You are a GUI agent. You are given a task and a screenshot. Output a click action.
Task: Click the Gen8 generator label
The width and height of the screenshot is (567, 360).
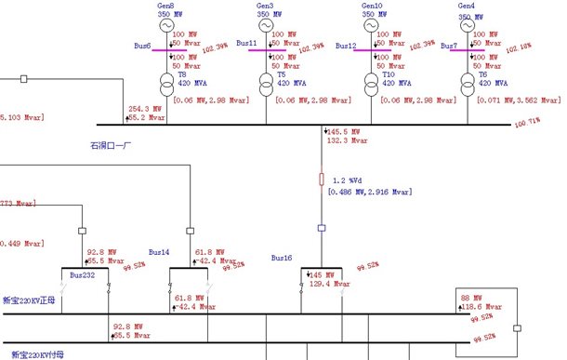pyautogui.click(x=165, y=6)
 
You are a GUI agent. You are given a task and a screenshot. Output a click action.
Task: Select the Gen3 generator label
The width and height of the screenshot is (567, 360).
pyautogui.click(x=265, y=6)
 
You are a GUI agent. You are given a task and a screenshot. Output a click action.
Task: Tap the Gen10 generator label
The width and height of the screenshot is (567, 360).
pyautogui.click(x=372, y=6)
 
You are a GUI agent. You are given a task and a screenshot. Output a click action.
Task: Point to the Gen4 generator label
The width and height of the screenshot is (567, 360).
pyautogui.click(x=467, y=6)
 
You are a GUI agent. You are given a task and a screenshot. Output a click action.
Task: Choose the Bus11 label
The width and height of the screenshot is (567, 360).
pyautogui.click(x=246, y=44)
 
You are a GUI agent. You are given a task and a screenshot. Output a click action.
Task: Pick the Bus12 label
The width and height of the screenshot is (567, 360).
pyautogui.click(x=347, y=45)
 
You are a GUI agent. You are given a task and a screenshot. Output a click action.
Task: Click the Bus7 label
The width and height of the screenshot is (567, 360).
pyautogui.click(x=449, y=45)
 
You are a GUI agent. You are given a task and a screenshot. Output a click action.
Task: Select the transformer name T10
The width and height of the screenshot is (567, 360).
pyautogui.click(x=389, y=74)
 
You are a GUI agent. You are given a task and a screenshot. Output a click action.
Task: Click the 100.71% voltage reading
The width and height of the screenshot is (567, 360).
pyautogui.click(x=528, y=121)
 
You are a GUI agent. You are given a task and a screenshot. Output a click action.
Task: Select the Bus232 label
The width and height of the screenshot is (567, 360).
pyautogui.click(x=82, y=274)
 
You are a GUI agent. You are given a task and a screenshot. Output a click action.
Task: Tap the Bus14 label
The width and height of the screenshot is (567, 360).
pyautogui.click(x=160, y=252)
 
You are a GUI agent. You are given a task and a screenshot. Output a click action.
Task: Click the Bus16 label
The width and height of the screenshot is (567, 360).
pyautogui.click(x=282, y=257)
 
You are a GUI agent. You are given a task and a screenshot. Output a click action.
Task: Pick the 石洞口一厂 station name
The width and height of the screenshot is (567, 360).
pyautogui.click(x=112, y=145)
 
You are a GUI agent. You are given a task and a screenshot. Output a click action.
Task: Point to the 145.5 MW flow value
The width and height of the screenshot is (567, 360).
pyautogui.click(x=344, y=132)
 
